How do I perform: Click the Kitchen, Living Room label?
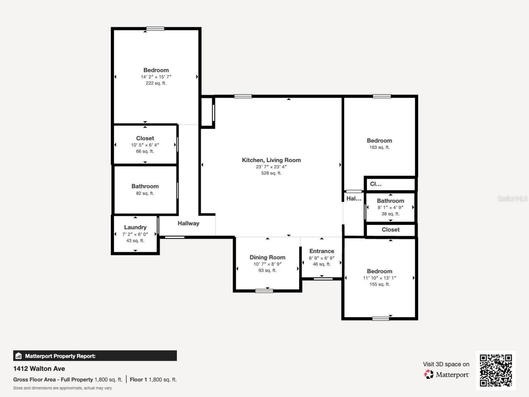click(x=271, y=160)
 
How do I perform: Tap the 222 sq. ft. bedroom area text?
click(x=156, y=83)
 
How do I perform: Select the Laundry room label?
click(x=135, y=227)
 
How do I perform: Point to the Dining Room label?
click(x=267, y=257)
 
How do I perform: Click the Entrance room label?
click(x=322, y=251)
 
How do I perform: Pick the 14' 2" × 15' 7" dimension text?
click(x=156, y=77)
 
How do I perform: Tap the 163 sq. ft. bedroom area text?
click(x=379, y=147)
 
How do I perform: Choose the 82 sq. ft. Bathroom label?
click(x=145, y=186)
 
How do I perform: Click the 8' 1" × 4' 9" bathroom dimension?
click(x=390, y=208)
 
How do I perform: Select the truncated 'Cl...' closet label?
click(x=376, y=184)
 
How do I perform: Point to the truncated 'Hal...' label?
click(x=354, y=198)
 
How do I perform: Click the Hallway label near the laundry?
click(x=188, y=223)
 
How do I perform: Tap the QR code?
click(x=496, y=370)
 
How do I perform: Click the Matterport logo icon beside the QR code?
click(x=429, y=374)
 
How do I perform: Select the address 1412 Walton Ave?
click(x=39, y=368)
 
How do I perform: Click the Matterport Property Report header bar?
click(x=95, y=356)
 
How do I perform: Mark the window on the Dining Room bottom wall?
click(x=264, y=291)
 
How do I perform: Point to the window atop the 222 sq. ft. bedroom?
click(x=155, y=29)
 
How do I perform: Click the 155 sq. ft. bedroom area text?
click(x=379, y=284)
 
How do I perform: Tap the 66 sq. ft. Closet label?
click(x=145, y=138)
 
